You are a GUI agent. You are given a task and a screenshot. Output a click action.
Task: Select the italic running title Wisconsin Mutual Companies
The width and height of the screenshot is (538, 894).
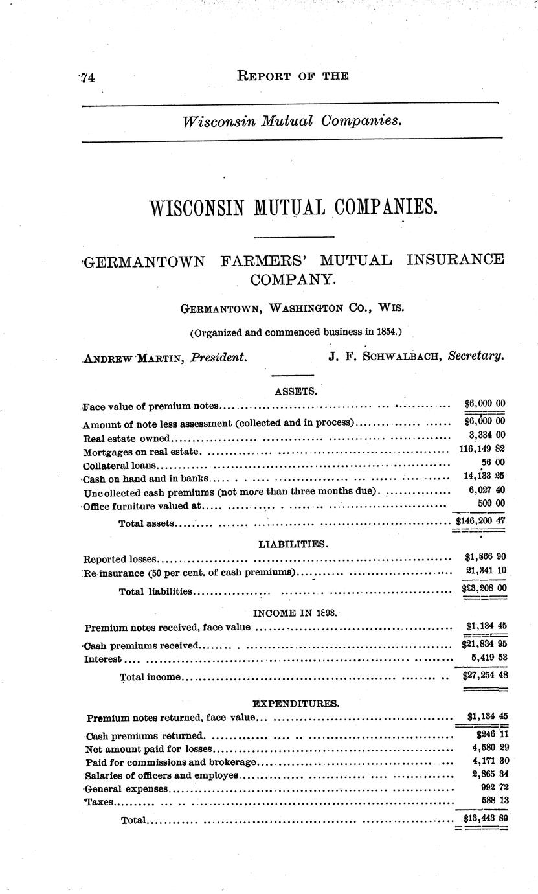pyautogui.click(x=292, y=120)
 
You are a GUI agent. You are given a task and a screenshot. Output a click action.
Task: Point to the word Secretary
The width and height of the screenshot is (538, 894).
pyautogui.click(x=476, y=356)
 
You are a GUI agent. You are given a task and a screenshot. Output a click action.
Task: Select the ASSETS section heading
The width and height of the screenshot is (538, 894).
pyautogui.click(x=296, y=391)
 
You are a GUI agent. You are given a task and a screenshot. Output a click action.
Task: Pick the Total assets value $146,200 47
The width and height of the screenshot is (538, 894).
pyautogui.click(x=480, y=520)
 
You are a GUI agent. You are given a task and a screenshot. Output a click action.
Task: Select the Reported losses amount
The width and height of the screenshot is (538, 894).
pyautogui.click(x=485, y=557)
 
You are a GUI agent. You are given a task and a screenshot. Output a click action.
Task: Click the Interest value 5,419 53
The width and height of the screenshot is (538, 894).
pyautogui.click(x=485, y=658)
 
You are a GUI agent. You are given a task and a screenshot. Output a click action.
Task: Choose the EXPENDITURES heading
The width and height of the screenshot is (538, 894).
pyautogui.click(x=295, y=702)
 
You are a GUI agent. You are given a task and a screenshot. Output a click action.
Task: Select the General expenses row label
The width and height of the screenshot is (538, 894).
pyautogui.click(x=127, y=789)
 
